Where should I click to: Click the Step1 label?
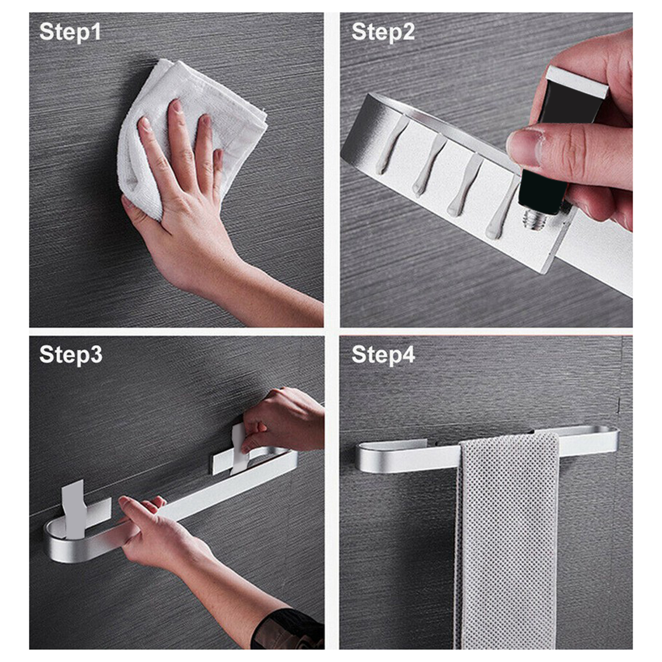click(x=70, y=32)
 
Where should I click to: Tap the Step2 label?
click(x=383, y=32)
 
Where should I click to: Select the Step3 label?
click(x=71, y=355)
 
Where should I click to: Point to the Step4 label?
click(x=383, y=355)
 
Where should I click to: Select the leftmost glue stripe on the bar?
click(x=391, y=145)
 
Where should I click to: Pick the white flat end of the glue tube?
click(x=577, y=82)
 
